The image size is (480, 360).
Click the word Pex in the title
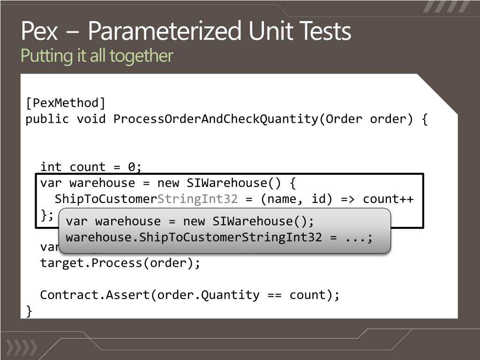[x=39, y=32]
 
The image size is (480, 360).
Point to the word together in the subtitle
[x=145, y=56]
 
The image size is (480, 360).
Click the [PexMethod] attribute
[x=66, y=103]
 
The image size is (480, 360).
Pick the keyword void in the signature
[x=91, y=119]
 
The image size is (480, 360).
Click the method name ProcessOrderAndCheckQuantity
[x=216, y=119]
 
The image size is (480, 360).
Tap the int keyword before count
[x=51, y=167]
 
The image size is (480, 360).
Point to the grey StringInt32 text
[x=197, y=199]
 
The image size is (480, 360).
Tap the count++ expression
[x=388, y=199]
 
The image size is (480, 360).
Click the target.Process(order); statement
[x=120, y=263]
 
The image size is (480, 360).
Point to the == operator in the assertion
[x=274, y=295]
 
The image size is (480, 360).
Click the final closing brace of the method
[x=30, y=311]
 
